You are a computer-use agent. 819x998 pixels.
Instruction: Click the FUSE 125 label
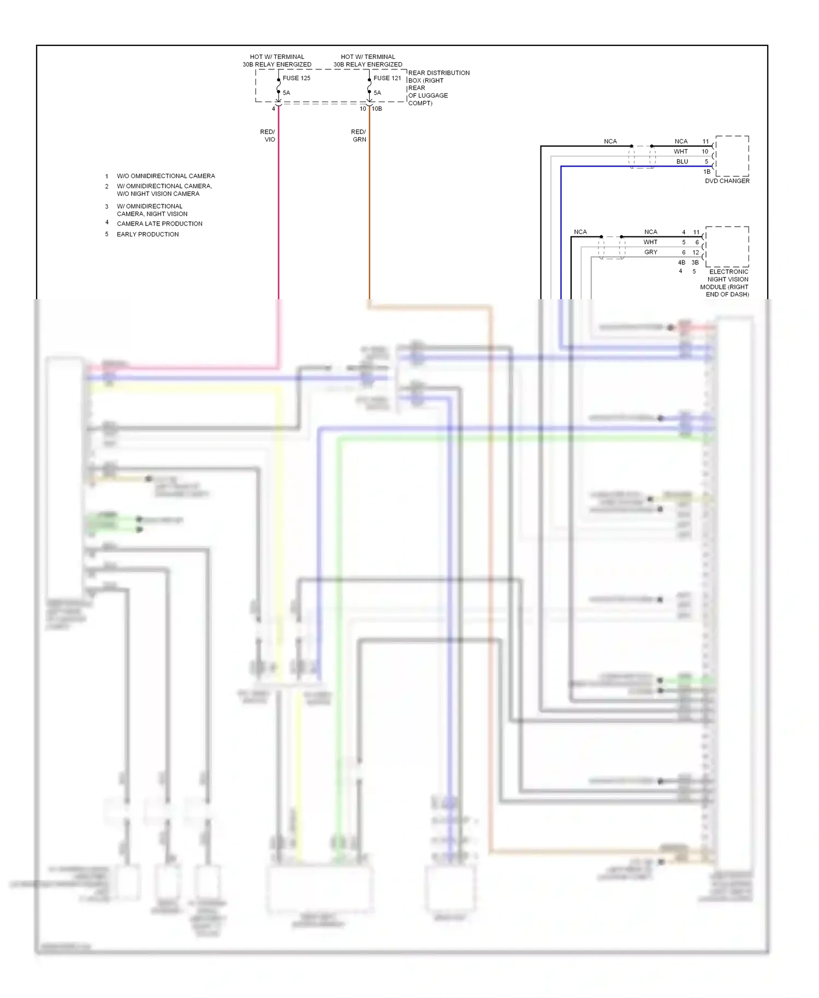pos(296,78)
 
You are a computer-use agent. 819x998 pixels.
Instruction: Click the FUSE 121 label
pos(387,78)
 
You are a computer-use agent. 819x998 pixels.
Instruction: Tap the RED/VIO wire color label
pos(268,135)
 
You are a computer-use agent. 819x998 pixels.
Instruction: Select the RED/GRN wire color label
pos(359,135)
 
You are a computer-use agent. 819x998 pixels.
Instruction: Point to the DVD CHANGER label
pos(727,181)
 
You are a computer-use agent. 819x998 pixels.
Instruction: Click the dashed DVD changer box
pos(732,156)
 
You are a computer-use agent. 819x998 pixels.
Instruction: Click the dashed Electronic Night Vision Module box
pos(727,246)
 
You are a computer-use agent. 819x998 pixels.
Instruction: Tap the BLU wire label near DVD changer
pos(682,162)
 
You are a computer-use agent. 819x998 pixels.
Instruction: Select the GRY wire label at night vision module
pos(650,252)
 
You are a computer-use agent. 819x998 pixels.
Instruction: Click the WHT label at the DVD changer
pos(680,152)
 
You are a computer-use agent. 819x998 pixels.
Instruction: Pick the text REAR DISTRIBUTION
pos(438,73)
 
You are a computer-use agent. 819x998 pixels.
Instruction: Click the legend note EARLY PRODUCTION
pos(147,234)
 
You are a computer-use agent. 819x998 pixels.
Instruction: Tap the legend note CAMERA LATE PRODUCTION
pos(159,224)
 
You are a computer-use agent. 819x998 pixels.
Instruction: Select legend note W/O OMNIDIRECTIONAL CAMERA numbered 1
pos(165,176)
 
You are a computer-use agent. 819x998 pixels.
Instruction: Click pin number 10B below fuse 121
pos(377,109)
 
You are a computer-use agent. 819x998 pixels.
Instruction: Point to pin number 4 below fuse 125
pos(274,109)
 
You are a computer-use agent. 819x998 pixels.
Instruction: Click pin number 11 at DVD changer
pos(705,141)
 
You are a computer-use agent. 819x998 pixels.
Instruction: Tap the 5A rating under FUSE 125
pos(286,93)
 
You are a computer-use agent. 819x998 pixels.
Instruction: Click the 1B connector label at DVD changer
pos(707,171)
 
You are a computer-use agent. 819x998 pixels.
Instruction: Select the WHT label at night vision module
pos(650,242)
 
